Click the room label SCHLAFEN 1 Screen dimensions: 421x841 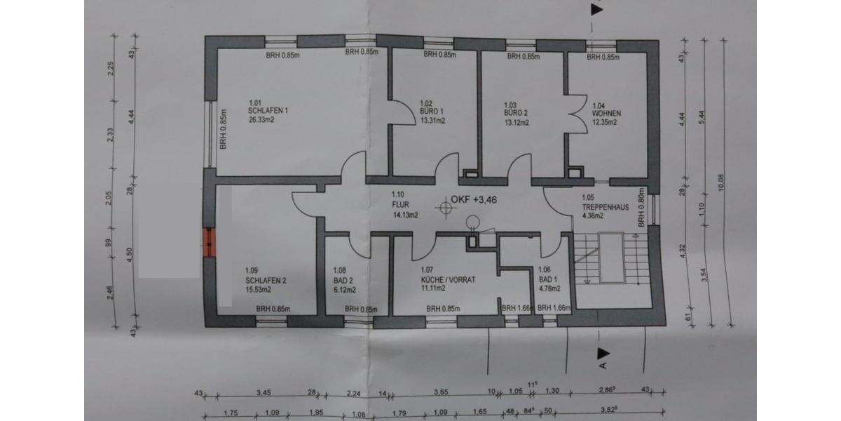tap(268, 110)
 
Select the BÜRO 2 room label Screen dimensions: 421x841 tap(515, 112)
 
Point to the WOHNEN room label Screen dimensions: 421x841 tap(606, 113)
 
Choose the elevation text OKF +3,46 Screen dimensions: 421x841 tap(475, 200)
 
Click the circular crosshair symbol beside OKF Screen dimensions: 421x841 tap(443, 207)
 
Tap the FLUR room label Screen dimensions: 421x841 tap(399, 206)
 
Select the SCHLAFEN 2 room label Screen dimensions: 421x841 tap(266, 280)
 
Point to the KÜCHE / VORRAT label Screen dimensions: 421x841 tap(448, 279)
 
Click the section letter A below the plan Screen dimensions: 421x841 tap(601, 364)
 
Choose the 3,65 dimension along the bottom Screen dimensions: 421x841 tap(441, 394)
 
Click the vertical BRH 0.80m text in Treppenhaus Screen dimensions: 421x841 tap(640, 208)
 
